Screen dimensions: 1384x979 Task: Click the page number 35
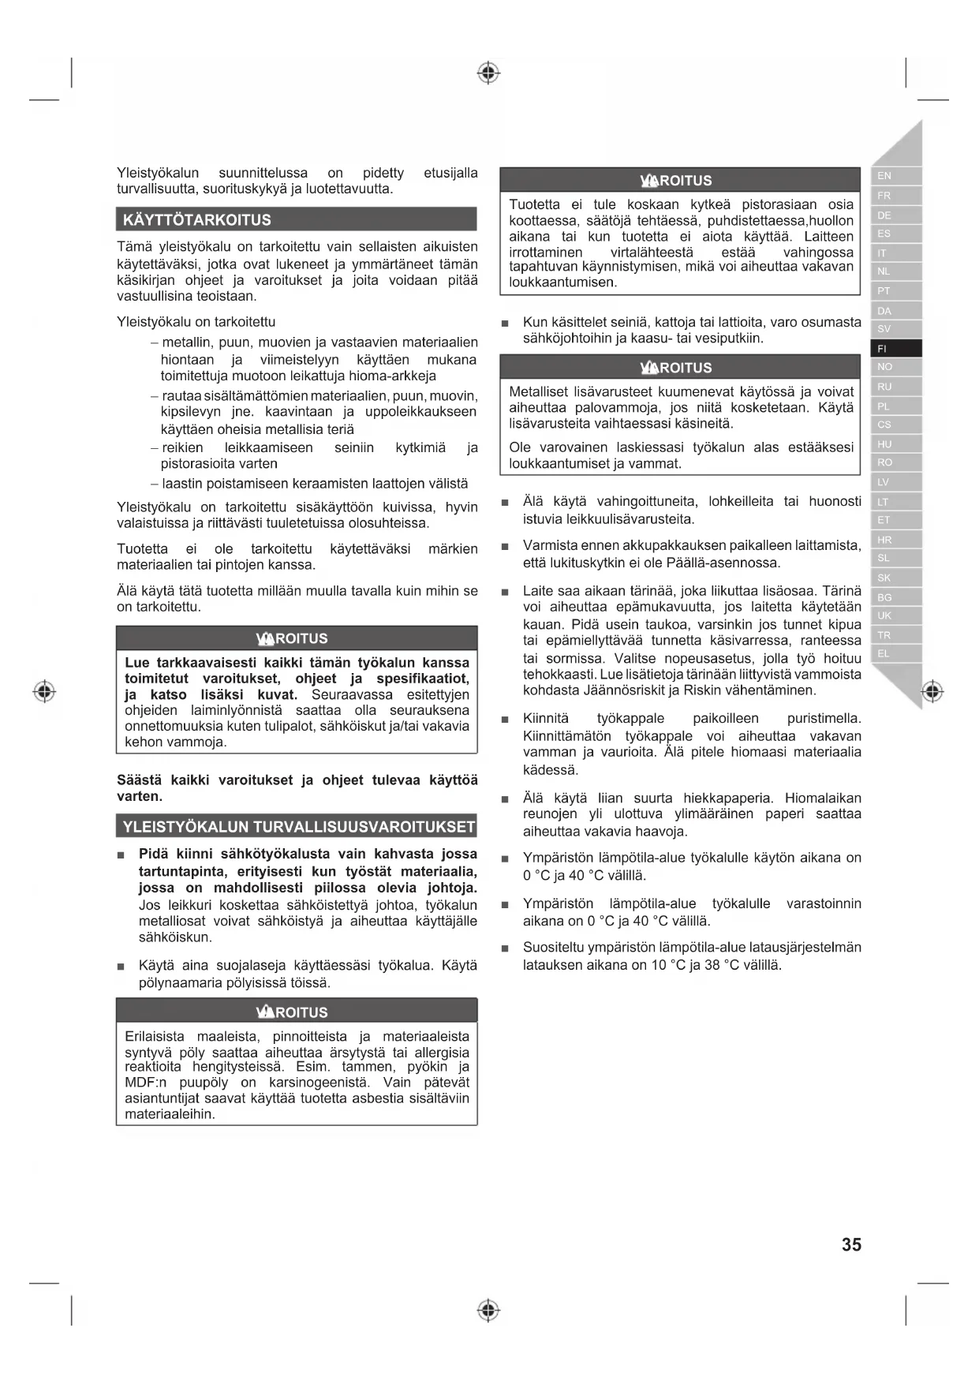pos(851,1244)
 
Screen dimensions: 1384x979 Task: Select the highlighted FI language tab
pos(895,348)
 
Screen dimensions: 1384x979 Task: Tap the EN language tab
pos(895,176)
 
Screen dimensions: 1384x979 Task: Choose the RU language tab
pos(895,387)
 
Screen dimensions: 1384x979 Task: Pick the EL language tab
pos(895,653)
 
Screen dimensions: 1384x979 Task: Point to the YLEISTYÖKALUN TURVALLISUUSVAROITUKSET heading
pos(297,827)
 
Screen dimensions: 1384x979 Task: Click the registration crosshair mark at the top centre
pos(488,73)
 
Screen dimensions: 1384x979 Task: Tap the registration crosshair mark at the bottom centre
pos(488,1311)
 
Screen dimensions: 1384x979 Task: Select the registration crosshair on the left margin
pos(44,691)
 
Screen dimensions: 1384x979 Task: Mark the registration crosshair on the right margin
pos(932,691)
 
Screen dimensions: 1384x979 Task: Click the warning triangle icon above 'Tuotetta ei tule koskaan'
pos(649,181)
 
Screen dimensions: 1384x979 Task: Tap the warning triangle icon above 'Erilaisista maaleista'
pos(265,1012)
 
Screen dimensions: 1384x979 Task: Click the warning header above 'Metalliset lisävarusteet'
pos(679,368)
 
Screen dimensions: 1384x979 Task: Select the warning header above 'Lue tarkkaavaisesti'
pos(296,638)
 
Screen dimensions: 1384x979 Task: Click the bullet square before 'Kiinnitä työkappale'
pos(505,720)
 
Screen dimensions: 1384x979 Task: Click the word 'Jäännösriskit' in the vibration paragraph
pos(616,690)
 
